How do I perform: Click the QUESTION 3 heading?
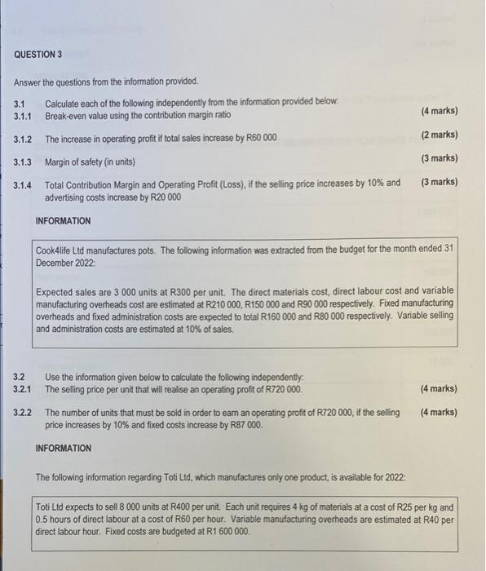pyautogui.click(x=38, y=55)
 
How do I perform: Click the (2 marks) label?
pyautogui.click(x=440, y=135)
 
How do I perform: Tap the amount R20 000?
pyautogui.click(x=164, y=197)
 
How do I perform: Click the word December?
pyautogui.click(x=58, y=262)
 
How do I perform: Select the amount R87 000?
pyautogui.click(x=242, y=424)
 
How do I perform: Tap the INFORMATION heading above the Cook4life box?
pyautogui.click(x=64, y=221)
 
